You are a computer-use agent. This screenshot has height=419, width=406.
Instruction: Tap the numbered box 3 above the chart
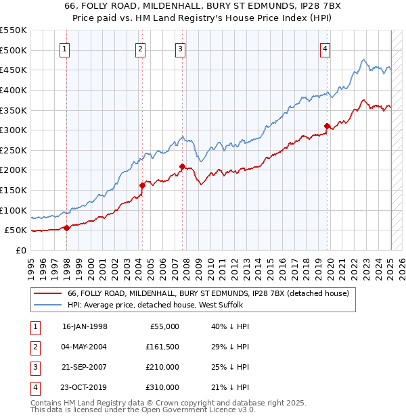coord(181,48)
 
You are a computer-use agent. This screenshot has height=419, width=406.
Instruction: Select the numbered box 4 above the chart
coord(325,48)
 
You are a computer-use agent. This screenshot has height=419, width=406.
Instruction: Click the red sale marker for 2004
coord(142,185)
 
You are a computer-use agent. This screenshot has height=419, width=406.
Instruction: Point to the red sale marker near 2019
coord(327,126)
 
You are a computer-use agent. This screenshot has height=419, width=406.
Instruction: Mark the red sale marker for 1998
coord(66,228)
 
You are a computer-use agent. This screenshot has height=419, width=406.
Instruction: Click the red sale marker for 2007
coord(183,166)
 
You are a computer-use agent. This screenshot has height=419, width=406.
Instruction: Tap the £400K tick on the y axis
coord(14,90)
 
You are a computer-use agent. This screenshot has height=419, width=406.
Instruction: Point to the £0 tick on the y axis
coord(20,250)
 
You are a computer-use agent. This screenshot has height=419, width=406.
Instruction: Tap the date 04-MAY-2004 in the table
coord(85,347)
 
